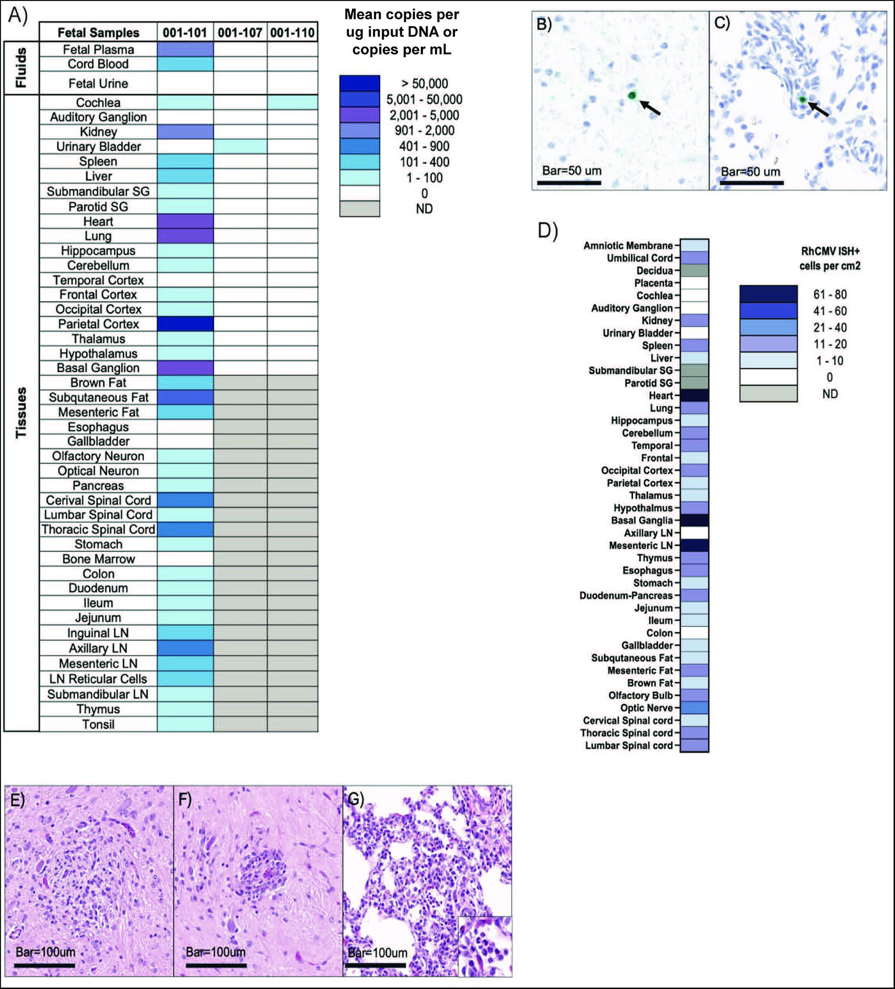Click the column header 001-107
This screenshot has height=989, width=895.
240,33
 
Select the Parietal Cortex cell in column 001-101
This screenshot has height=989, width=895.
185,324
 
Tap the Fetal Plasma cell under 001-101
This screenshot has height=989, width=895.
185,50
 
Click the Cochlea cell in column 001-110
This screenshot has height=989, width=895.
292,103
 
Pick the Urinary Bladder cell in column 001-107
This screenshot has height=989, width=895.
240,146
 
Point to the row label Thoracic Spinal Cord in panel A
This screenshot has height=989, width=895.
98,529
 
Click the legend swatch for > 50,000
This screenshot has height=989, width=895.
359,83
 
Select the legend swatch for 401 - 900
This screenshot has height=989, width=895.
359,146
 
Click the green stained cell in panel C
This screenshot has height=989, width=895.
803,100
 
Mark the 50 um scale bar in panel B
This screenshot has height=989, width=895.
569,183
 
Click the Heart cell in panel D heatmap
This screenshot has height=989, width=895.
694,395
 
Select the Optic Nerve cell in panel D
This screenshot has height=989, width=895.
694,707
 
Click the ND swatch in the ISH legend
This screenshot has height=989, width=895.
768,394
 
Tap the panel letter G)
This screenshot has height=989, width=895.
355,799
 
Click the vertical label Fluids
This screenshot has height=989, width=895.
21,68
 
